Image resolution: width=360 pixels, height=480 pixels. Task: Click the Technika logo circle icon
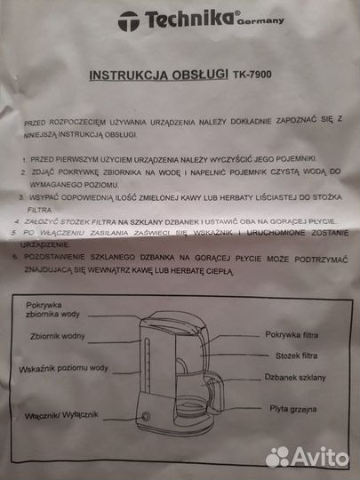pyautogui.click(x=129, y=20)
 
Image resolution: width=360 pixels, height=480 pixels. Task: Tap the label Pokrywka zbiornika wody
pyautogui.click(x=53, y=310)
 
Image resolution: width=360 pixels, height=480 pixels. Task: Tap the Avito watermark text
pyautogui.click(x=320, y=456)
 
